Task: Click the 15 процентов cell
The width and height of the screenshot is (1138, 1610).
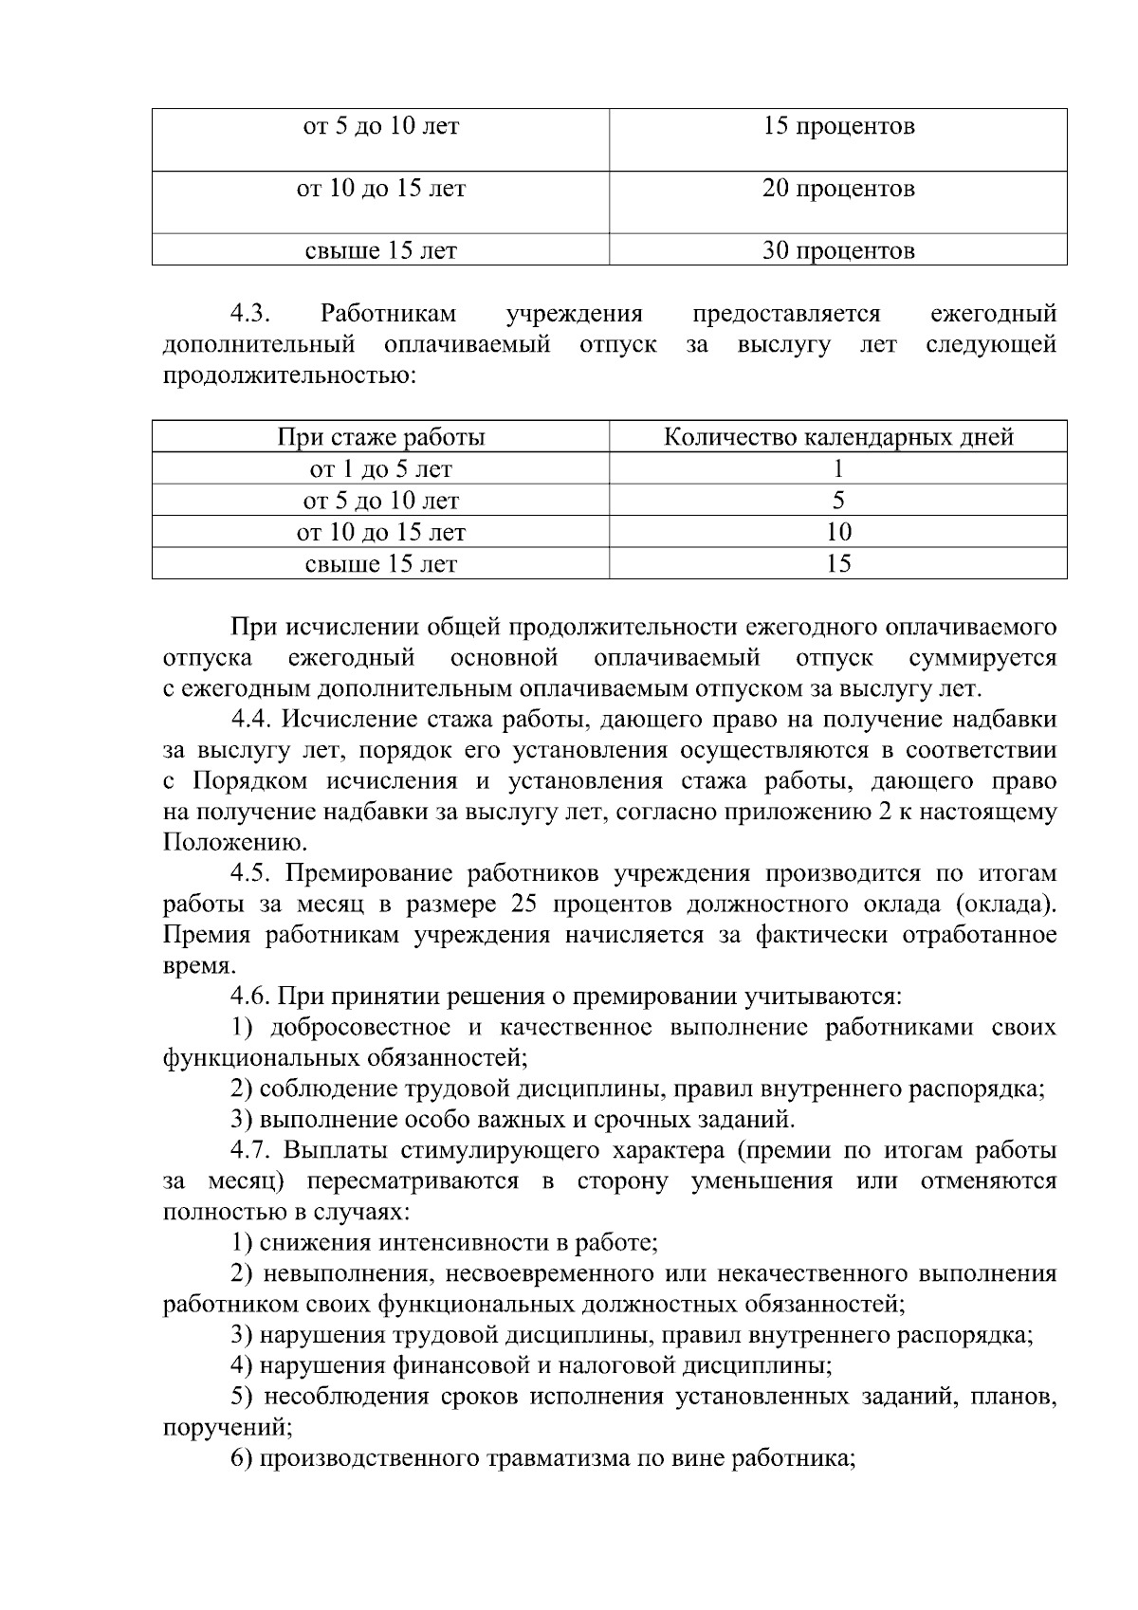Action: click(838, 127)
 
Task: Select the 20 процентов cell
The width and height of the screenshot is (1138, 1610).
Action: click(838, 190)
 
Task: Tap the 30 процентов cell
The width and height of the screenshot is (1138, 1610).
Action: click(838, 251)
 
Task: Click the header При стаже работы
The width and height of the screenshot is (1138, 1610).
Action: click(381, 437)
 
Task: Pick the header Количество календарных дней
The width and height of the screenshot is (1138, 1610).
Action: click(838, 437)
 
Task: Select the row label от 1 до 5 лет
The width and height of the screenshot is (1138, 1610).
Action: click(381, 469)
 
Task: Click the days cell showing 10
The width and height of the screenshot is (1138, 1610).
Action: click(838, 532)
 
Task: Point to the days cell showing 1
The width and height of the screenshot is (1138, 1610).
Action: click(838, 469)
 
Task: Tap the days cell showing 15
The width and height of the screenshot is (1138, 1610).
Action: click(838, 564)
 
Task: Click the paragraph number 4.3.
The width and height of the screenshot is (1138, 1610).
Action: click(251, 314)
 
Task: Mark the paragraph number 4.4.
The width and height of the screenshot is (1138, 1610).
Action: click(251, 721)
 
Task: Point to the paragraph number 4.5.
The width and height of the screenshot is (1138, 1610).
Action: click(251, 874)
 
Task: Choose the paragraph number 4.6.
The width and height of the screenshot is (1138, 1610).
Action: click(251, 997)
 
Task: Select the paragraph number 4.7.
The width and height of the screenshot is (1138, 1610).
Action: click(251, 1151)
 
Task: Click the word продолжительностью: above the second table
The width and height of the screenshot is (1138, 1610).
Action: click(290, 375)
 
